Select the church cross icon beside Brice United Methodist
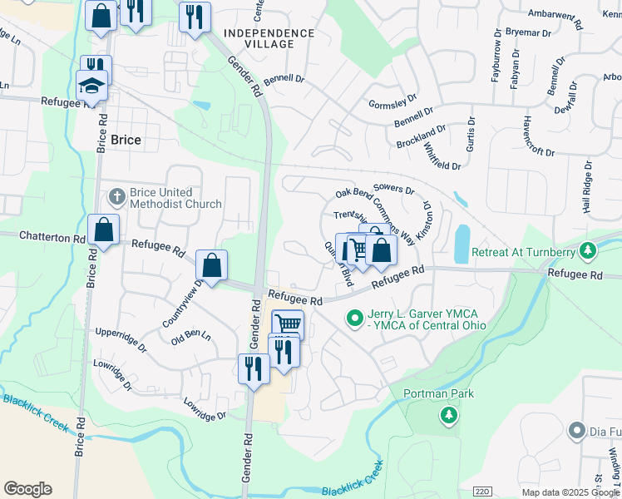coord(117,197)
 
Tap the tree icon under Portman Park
coord(449,413)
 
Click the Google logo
coord(27,489)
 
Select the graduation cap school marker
coord(91,84)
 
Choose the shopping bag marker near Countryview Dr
coord(212,265)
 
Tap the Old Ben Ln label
coord(190,338)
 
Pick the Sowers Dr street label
coord(394,189)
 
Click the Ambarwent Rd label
coord(561,13)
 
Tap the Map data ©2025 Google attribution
coord(570,492)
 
